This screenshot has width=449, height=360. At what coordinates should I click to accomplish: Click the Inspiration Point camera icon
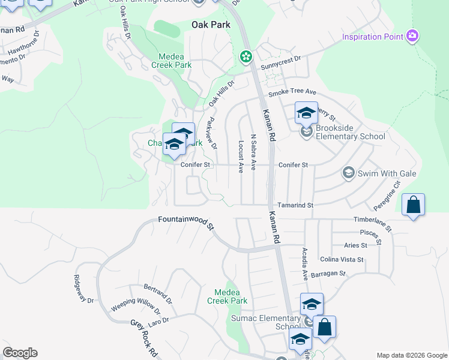coord(412,36)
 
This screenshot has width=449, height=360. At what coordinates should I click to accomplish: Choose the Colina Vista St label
coord(342,259)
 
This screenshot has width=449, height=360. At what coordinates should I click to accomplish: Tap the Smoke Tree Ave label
coord(292,92)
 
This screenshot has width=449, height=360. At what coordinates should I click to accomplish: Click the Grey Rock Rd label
coord(144,336)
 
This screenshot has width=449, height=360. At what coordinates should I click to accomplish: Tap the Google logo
coord(20,353)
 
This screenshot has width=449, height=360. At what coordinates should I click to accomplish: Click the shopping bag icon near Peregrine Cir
coord(413,205)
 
